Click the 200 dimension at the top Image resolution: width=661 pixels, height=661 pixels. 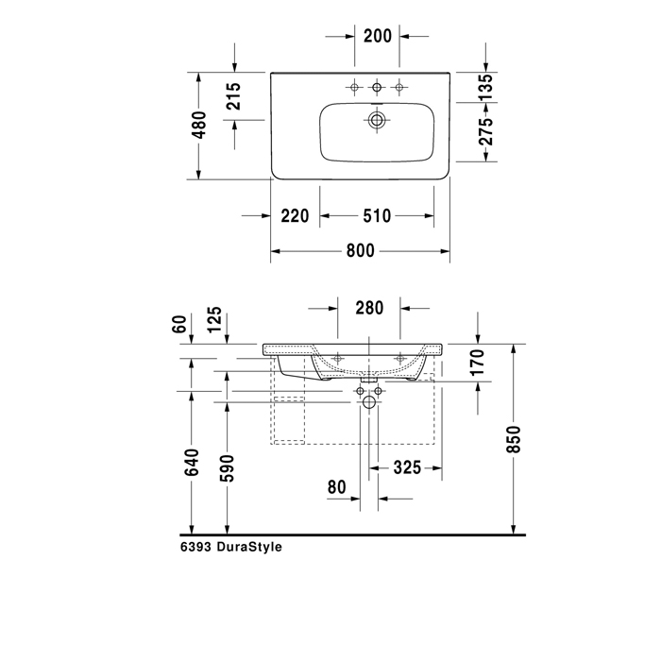pyautogui.click(x=378, y=36)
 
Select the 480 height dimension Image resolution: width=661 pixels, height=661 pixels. pyautogui.click(x=199, y=125)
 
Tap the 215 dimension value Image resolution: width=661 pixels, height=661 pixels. pyautogui.click(x=233, y=96)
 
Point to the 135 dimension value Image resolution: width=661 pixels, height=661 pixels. pyautogui.click(x=485, y=87)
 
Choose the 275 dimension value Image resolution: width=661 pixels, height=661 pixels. pyautogui.click(x=485, y=131)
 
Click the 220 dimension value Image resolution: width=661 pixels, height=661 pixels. pyautogui.click(x=295, y=216)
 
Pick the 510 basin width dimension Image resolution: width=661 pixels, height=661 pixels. pyautogui.click(x=377, y=216)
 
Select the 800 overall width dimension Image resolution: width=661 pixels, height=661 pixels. pyautogui.click(x=361, y=251)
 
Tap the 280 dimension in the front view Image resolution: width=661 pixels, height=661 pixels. pyautogui.click(x=369, y=308)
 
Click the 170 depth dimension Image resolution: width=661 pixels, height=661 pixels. pyautogui.click(x=478, y=363)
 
